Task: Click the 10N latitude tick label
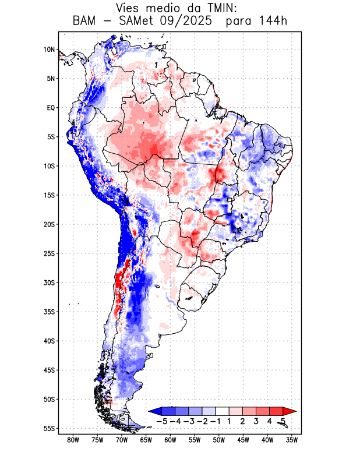(x=49, y=50)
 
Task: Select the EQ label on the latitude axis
(x=51, y=108)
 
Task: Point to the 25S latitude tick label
(x=49, y=253)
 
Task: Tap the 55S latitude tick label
(x=49, y=428)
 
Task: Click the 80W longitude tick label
(x=73, y=440)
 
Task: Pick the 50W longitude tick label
(x=219, y=440)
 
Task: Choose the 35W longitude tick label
(x=292, y=440)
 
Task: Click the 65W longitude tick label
(x=146, y=440)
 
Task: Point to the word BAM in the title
(x=86, y=21)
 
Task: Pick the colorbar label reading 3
(x=256, y=421)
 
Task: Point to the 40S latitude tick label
(x=49, y=341)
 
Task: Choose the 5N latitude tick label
(x=51, y=79)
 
